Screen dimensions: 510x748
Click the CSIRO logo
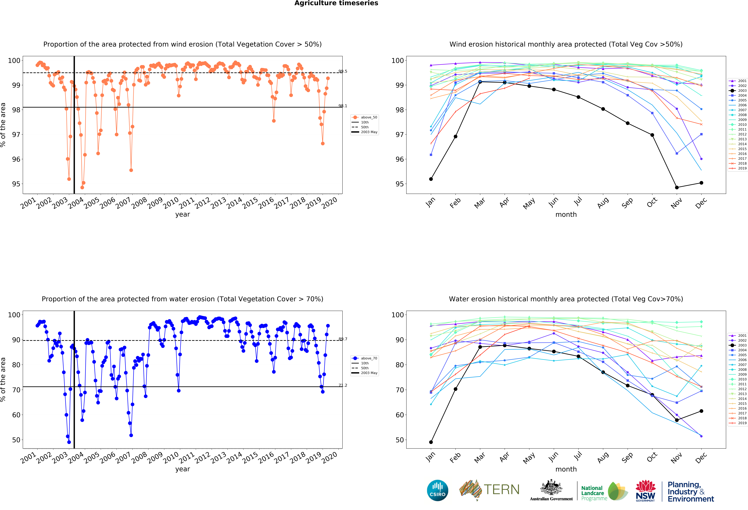pyautogui.click(x=437, y=490)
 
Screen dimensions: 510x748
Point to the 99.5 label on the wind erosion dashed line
pyautogui.click(x=343, y=71)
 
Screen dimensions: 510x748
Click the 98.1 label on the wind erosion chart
pyautogui.click(x=343, y=106)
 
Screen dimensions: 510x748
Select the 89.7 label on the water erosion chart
pyautogui.click(x=343, y=339)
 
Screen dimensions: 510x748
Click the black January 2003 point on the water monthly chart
pyautogui.click(x=431, y=442)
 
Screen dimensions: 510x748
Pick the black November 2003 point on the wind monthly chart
pyautogui.click(x=677, y=187)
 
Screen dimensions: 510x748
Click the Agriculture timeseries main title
pyautogui.click(x=336, y=3)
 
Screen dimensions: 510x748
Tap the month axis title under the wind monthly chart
pyautogui.click(x=566, y=214)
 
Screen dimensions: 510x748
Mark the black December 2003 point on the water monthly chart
pyautogui.click(x=701, y=411)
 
